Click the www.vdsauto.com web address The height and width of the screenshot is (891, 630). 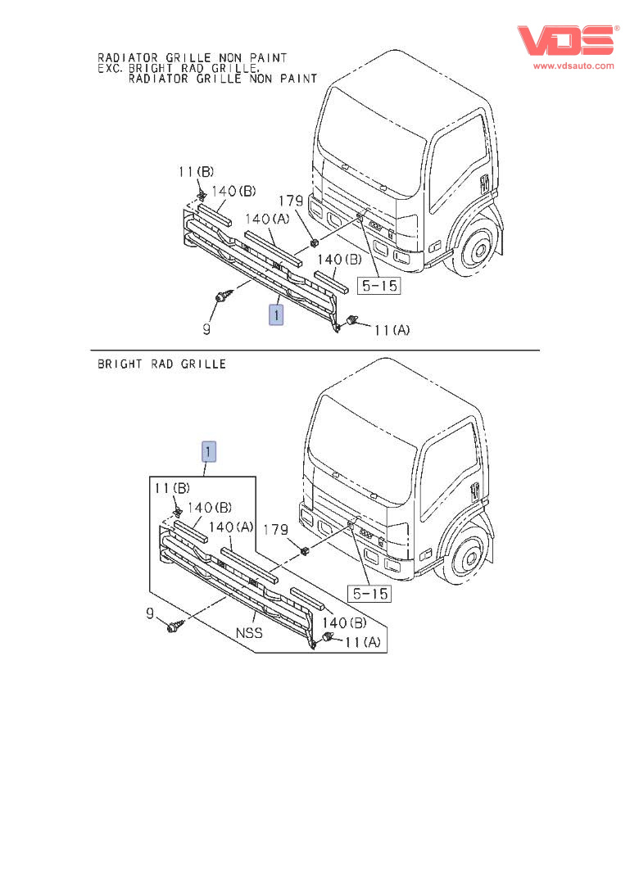[573, 66]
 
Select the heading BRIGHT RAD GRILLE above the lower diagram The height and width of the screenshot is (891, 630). [161, 364]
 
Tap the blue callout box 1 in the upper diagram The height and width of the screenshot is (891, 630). [277, 314]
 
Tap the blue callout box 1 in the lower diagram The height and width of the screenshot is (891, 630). [210, 451]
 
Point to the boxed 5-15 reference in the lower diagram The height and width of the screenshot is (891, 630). [369, 592]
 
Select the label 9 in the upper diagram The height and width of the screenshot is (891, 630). [206, 329]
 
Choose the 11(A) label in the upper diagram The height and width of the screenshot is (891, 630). [392, 331]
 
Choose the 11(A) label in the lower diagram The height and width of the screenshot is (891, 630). [362, 643]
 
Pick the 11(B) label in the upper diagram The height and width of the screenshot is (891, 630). [196, 172]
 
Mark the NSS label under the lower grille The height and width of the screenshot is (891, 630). [249, 633]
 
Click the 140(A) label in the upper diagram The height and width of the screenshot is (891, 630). [267, 219]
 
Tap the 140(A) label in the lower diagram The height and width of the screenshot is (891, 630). [232, 527]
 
